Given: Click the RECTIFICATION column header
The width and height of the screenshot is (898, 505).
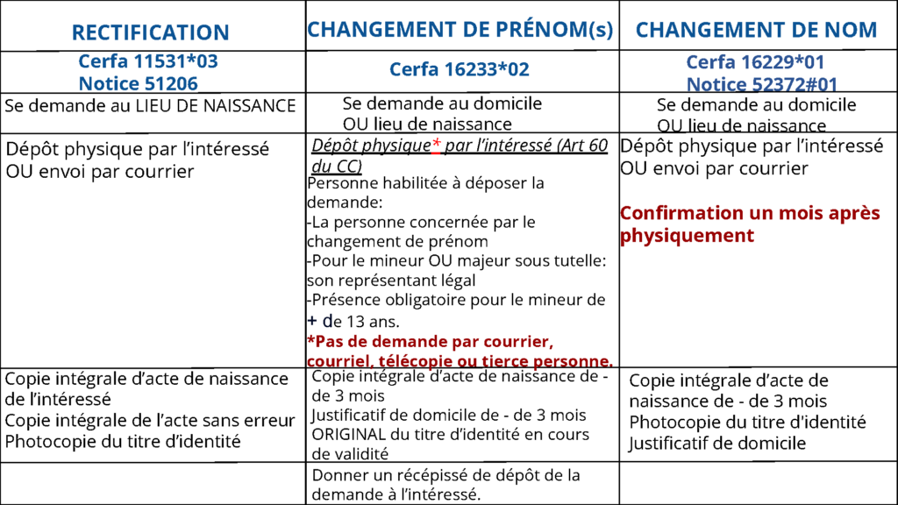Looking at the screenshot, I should pyautogui.click(x=150, y=33).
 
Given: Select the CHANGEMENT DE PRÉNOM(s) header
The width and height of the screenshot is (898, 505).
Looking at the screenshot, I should pyautogui.click(x=460, y=30).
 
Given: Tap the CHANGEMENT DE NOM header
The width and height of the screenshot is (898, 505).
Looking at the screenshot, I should pyautogui.click(x=756, y=30).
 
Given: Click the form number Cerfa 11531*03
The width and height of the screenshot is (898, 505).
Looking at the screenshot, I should pyautogui.click(x=148, y=62).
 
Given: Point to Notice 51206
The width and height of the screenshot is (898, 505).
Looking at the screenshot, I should pyautogui.click(x=138, y=83).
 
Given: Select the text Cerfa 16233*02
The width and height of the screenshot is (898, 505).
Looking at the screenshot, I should pyautogui.click(x=460, y=69).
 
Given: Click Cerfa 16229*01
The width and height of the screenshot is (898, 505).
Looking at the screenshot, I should pyautogui.click(x=755, y=63).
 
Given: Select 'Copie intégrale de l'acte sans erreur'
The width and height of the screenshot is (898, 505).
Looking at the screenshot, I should pyautogui.click(x=150, y=420).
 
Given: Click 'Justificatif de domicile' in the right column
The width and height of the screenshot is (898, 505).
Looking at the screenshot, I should pyautogui.click(x=716, y=444).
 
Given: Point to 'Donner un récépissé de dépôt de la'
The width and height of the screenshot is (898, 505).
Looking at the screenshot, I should pyautogui.click(x=446, y=475).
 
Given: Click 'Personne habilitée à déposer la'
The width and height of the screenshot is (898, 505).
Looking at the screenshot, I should pyautogui.click(x=426, y=183).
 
